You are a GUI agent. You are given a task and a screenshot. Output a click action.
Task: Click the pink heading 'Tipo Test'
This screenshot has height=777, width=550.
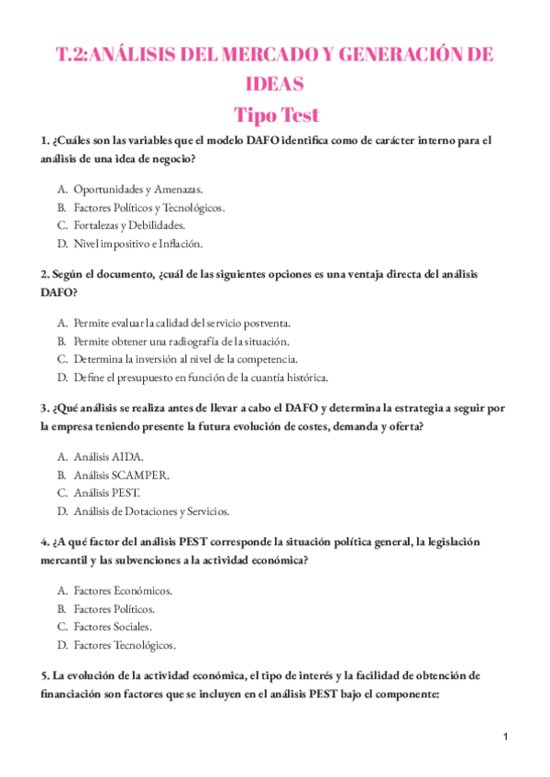(x=276, y=115)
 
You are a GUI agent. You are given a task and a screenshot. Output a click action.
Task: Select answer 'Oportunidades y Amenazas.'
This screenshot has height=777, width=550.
(x=137, y=189)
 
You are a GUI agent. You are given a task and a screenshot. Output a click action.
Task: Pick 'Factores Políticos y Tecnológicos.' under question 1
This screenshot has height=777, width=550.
(x=148, y=207)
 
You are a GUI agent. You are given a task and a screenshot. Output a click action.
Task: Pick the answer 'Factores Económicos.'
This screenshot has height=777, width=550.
(x=123, y=590)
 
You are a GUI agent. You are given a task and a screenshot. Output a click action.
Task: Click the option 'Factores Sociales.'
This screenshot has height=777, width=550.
(x=113, y=627)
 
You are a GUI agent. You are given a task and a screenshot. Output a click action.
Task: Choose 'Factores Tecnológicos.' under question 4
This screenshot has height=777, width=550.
(x=125, y=645)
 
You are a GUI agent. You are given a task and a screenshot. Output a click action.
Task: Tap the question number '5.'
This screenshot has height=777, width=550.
(x=45, y=675)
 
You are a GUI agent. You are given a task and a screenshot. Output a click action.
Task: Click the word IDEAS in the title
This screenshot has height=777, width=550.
(x=275, y=84)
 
